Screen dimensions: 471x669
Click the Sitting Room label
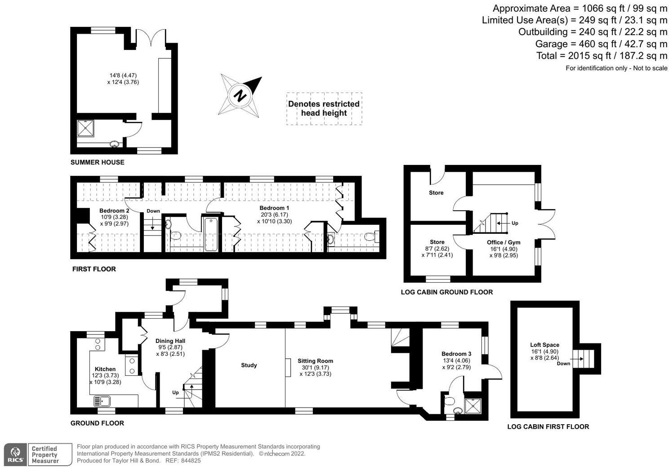tap(315, 361)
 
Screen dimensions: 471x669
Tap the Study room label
tap(249, 365)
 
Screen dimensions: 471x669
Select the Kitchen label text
tap(105, 369)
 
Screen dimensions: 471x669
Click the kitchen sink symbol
tap(102, 401)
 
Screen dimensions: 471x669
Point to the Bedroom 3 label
tap(456, 354)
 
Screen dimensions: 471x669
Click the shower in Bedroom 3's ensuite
tap(473, 406)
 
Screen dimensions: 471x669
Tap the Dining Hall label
tap(170, 341)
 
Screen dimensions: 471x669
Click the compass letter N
tap(241, 96)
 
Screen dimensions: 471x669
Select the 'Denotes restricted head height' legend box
tap(324, 108)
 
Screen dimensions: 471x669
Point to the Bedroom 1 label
tap(274, 208)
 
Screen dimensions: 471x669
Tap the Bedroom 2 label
tap(114, 211)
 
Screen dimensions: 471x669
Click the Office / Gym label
tap(504, 242)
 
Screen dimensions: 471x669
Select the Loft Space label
tap(544, 345)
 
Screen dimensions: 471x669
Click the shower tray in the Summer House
tap(86, 129)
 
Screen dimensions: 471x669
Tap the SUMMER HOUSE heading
tap(97, 162)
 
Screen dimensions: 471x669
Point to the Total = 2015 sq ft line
tap(602, 56)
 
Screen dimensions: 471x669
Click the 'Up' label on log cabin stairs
tap(515, 223)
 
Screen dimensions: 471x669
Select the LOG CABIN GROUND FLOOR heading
tap(446, 292)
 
